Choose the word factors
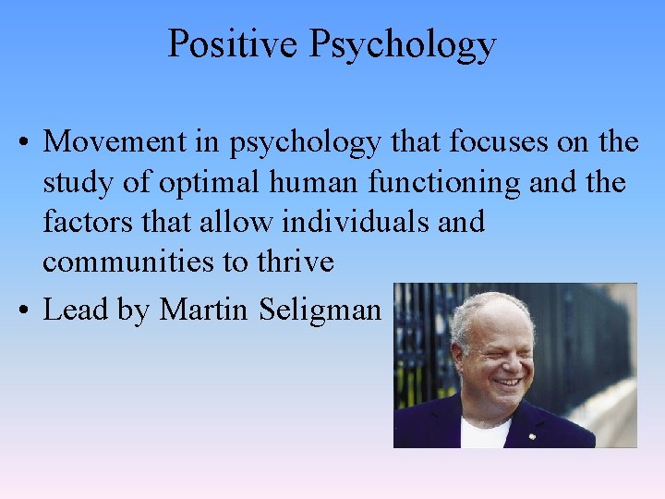(84, 222)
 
